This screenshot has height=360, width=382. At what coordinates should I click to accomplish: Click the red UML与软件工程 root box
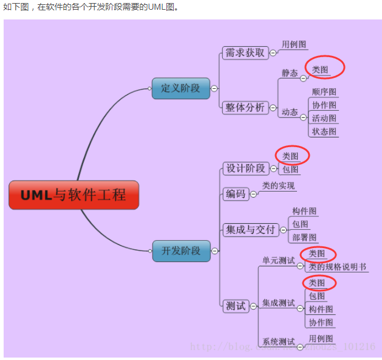[73, 195]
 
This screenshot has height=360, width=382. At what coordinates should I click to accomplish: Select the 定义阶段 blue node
[180, 88]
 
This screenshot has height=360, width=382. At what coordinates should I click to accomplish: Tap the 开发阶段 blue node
[181, 251]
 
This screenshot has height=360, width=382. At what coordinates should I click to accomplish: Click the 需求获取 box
[245, 53]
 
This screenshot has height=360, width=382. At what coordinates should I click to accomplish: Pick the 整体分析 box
[245, 108]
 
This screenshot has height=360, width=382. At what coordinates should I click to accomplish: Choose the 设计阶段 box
[245, 168]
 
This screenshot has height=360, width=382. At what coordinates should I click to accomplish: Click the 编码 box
[236, 194]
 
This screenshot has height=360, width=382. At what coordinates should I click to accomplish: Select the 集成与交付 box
[250, 230]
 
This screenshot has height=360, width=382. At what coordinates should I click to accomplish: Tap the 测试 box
[236, 306]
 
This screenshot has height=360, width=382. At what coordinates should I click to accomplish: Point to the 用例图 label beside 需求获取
[294, 44]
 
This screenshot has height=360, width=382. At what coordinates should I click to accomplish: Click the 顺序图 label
[324, 92]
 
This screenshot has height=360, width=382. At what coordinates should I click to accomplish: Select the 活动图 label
[324, 118]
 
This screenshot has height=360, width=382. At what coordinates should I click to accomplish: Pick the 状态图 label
[324, 131]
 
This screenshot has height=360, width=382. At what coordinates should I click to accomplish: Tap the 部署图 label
[304, 237]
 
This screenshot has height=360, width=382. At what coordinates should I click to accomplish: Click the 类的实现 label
[278, 185]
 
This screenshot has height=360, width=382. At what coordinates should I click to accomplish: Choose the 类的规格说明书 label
[337, 266]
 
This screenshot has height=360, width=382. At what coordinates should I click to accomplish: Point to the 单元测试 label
[278, 260]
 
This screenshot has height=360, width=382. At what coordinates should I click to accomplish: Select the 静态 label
[290, 73]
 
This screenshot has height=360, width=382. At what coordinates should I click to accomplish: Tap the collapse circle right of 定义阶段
[214, 88]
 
